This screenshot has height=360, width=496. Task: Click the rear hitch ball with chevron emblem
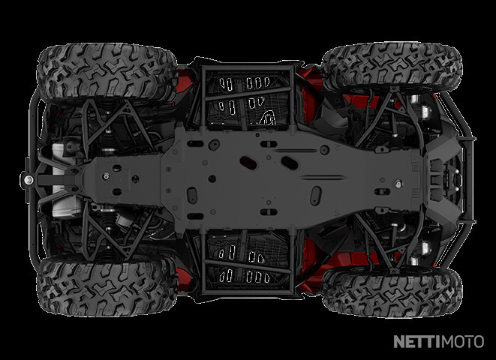pos(29,180)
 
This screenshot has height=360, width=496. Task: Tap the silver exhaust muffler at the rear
pos(63,181)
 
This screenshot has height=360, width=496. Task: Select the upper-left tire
pos(107,73)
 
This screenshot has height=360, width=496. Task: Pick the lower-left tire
pos(107,286)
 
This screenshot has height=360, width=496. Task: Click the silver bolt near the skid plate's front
pos(398,183)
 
